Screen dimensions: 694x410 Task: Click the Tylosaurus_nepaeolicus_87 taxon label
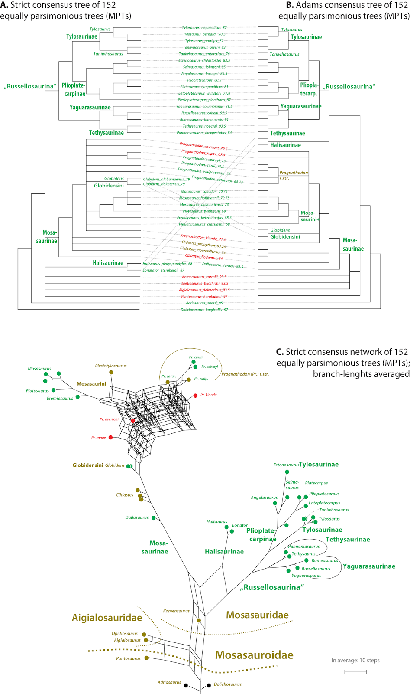tap(204, 27)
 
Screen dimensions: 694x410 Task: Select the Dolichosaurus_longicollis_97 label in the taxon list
tap(204, 310)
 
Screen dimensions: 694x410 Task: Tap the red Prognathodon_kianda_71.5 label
tap(203, 237)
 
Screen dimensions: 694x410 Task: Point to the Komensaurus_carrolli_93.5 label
tap(204, 277)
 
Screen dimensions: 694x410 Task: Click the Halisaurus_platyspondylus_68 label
tap(168, 264)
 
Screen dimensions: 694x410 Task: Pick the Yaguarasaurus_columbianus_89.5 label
tap(204, 106)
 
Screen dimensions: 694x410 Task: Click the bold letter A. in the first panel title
tap(4, 5)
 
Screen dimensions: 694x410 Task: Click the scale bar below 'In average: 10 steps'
tap(355, 672)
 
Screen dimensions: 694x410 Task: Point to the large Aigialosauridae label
tap(107, 618)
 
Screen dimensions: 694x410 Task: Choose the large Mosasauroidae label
tap(254, 655)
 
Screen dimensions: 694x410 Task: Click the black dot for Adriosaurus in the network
tap(186, 686)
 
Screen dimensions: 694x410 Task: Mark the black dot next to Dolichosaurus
tap(209, 685)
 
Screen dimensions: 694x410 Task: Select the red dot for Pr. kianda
tap(195, 396)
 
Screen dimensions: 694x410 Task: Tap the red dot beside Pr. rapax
tap(110, 437)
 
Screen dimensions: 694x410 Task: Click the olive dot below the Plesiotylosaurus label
tap(111, 372)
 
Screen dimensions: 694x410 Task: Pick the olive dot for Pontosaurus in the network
tap(146, 658)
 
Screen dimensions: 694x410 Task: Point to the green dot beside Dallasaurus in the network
tap(153, 517)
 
